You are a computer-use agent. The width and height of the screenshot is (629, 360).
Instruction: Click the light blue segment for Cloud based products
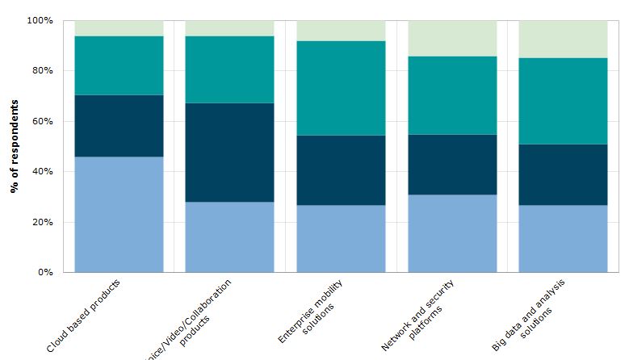point(119,214)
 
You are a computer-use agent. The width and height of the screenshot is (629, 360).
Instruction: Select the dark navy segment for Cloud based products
point(119,126)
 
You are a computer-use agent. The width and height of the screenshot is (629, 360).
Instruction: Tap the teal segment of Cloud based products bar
point(119,65)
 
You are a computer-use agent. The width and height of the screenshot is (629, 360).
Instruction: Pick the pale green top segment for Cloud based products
point(119,28)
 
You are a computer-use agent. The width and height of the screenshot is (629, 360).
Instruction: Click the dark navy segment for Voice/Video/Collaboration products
point(229,152)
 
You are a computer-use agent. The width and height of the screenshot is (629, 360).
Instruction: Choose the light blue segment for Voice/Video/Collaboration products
point(229,237)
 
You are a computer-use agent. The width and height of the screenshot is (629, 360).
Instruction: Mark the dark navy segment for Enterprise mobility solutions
point(341,170)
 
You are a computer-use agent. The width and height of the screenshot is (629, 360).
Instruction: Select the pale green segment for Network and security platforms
point(452,38)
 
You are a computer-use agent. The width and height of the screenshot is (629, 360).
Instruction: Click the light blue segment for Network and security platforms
point(452,233)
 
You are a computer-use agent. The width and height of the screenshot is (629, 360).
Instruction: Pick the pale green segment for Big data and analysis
point(563,39)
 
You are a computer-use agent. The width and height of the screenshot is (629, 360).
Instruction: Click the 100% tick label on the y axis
point(40,20)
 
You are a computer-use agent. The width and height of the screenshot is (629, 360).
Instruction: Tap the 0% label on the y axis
point(44,272)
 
